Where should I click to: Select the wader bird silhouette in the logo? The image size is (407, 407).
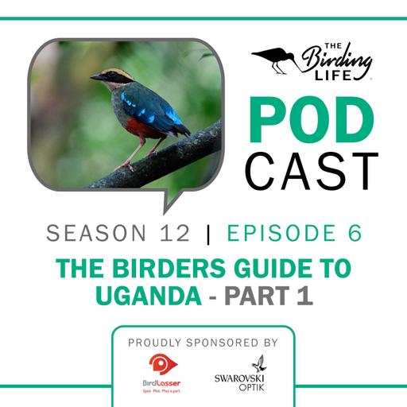(x=274, y=58)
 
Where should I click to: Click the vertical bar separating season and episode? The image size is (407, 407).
(x=209, y=233)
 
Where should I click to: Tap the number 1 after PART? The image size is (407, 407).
(x=304, y=295)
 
